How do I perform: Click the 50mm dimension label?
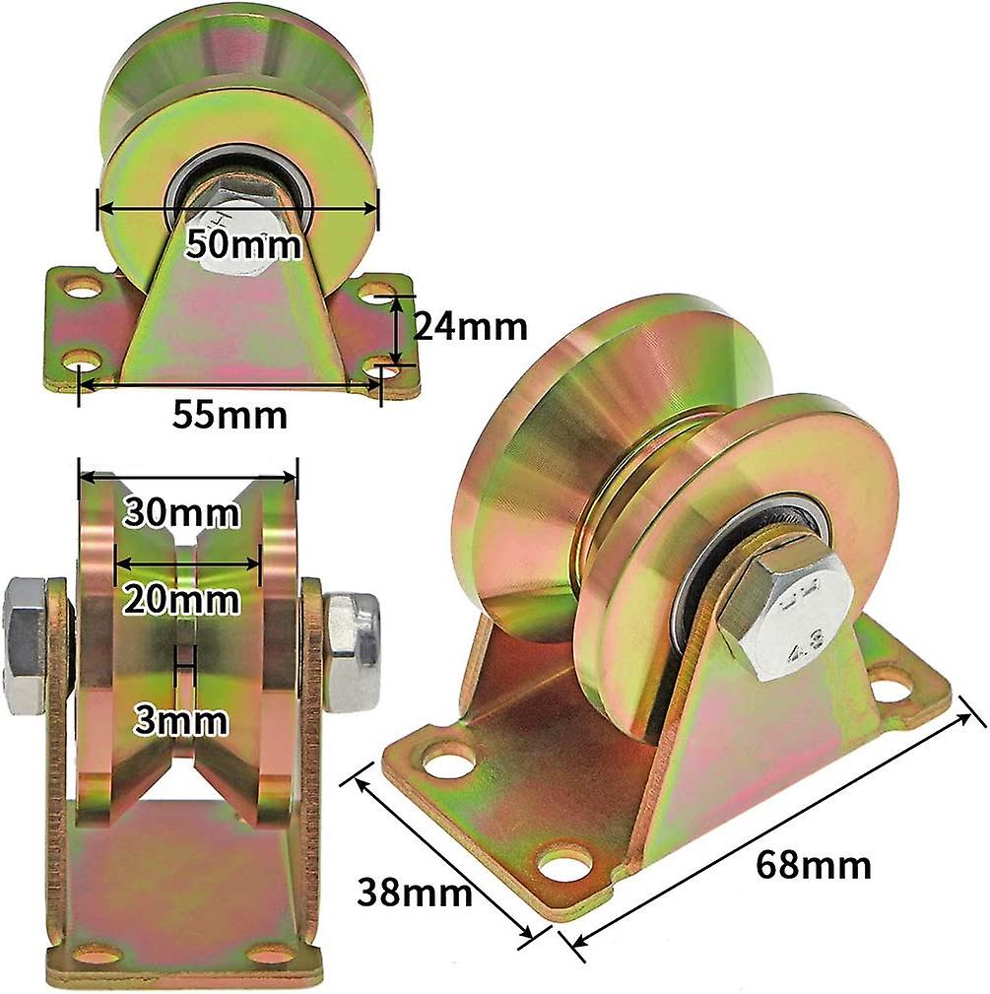point(244,243)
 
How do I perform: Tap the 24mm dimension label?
point(469,327)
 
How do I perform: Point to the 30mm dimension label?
point(180,513)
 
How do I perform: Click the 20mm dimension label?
point(181,599)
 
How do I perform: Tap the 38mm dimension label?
point(413,895)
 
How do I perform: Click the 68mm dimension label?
point(814,865)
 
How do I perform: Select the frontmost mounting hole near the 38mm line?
point(564,864)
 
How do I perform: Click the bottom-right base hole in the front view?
point(271,954)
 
